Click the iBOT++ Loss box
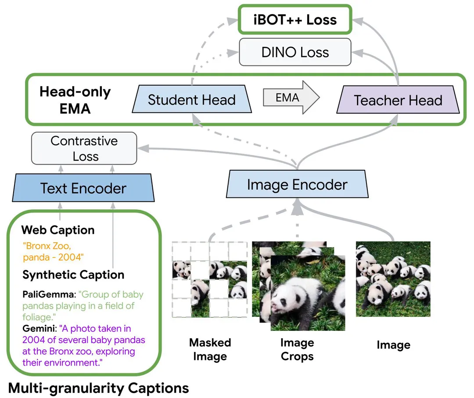[295, 20]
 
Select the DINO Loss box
[295, 53]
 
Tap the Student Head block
[191, 100]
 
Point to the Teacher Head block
[398, 100]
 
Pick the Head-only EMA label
[75, 100]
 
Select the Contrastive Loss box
[84, 149]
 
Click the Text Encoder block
[83, 189]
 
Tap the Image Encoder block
[297, 185]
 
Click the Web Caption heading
[58, 230]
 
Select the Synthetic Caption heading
[73, 275]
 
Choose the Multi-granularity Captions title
[99, 388]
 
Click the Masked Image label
[210, 349]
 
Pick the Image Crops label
[297, 349]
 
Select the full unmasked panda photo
[393, 279]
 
